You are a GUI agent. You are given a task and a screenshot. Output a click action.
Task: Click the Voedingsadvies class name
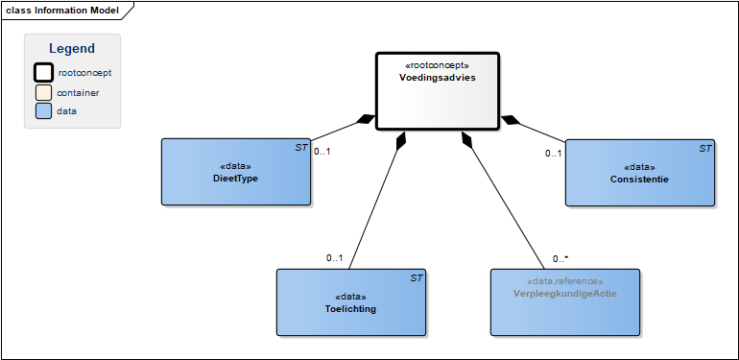(438, 78)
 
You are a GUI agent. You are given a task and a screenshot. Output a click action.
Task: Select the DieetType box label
(236, 180)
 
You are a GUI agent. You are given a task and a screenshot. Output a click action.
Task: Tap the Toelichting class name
(350, 309)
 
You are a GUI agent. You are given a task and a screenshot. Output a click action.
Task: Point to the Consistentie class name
(639, 180)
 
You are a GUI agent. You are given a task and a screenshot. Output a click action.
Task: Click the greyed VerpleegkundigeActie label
(565, 294)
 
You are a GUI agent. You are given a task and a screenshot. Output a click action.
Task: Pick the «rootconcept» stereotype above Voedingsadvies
(438, 65)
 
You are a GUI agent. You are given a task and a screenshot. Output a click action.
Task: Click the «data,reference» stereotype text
(565, 282)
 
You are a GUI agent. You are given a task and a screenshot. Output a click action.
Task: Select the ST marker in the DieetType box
(301, 148)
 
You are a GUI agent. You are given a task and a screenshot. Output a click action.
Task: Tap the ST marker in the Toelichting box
(417, 278)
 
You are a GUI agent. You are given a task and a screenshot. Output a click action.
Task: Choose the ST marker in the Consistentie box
(705, 149)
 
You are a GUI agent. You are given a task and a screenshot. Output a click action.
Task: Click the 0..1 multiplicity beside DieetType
(322, 152)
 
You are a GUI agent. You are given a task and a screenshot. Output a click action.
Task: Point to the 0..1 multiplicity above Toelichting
(335, 257)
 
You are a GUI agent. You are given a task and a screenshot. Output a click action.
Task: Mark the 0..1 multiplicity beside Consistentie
(554, 154)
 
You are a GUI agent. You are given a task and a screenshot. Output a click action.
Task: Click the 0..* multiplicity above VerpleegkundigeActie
(560, 258)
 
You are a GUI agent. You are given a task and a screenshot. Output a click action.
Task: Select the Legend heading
(72, 49)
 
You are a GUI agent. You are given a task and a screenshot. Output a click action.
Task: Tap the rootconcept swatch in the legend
(43, 73)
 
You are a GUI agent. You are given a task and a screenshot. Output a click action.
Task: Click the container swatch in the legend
(43, 93)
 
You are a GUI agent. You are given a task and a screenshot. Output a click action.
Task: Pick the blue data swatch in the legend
(43, 111)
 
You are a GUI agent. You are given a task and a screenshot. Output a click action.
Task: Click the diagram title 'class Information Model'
(62, 11)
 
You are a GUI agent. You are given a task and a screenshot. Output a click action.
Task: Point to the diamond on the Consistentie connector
(511, 120)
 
